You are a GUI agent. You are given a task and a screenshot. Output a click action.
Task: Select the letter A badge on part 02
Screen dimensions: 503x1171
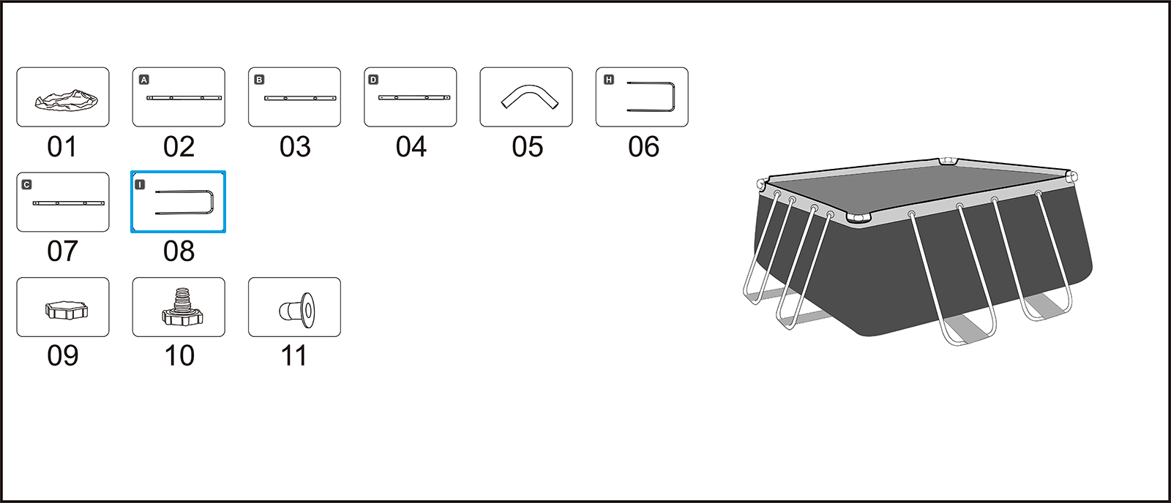(144, 80)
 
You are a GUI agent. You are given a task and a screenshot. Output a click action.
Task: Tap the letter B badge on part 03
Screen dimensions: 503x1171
(259, 80)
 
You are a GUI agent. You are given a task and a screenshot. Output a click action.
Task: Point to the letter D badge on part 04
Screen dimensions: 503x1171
(373, 80)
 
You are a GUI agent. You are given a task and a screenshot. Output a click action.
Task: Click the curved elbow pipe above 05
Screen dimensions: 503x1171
(527, 97)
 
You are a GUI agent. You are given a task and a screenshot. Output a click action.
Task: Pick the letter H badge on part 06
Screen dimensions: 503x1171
(609, 80)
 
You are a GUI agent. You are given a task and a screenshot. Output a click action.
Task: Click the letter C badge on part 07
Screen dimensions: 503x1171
(27, 185)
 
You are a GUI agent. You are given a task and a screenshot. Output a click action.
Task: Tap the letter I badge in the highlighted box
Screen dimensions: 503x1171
(141, 185)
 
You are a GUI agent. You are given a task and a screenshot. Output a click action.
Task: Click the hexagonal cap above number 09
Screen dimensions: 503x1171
(66, 309)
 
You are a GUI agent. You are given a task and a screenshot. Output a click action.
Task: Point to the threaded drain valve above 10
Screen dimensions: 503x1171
(182, 308)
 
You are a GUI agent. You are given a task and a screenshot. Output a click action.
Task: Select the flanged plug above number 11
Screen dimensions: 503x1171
(298, 309)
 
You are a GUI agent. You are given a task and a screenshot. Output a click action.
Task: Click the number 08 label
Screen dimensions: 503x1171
(179, 251)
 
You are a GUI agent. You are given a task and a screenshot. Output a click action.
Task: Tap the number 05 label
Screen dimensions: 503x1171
(527, 147)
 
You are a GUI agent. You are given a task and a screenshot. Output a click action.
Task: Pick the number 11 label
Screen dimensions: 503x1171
(294, 356)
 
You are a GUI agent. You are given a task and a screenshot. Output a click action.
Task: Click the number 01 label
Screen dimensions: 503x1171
(62, 147)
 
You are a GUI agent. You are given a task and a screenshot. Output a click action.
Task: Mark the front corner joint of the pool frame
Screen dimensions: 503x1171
(859, 217)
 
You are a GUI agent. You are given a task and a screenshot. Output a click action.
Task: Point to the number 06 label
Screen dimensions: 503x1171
(643, 147)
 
